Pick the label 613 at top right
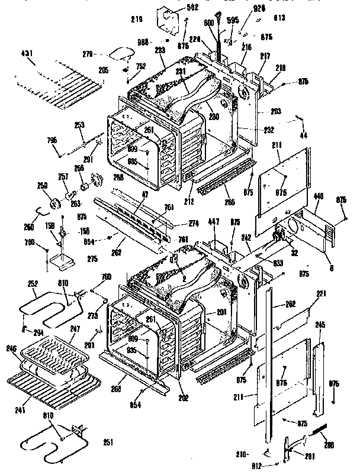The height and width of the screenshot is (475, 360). pyautogui.click(x=279, y=18)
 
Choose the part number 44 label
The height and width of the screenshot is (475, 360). pyautogui.click(x=304, y=136)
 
